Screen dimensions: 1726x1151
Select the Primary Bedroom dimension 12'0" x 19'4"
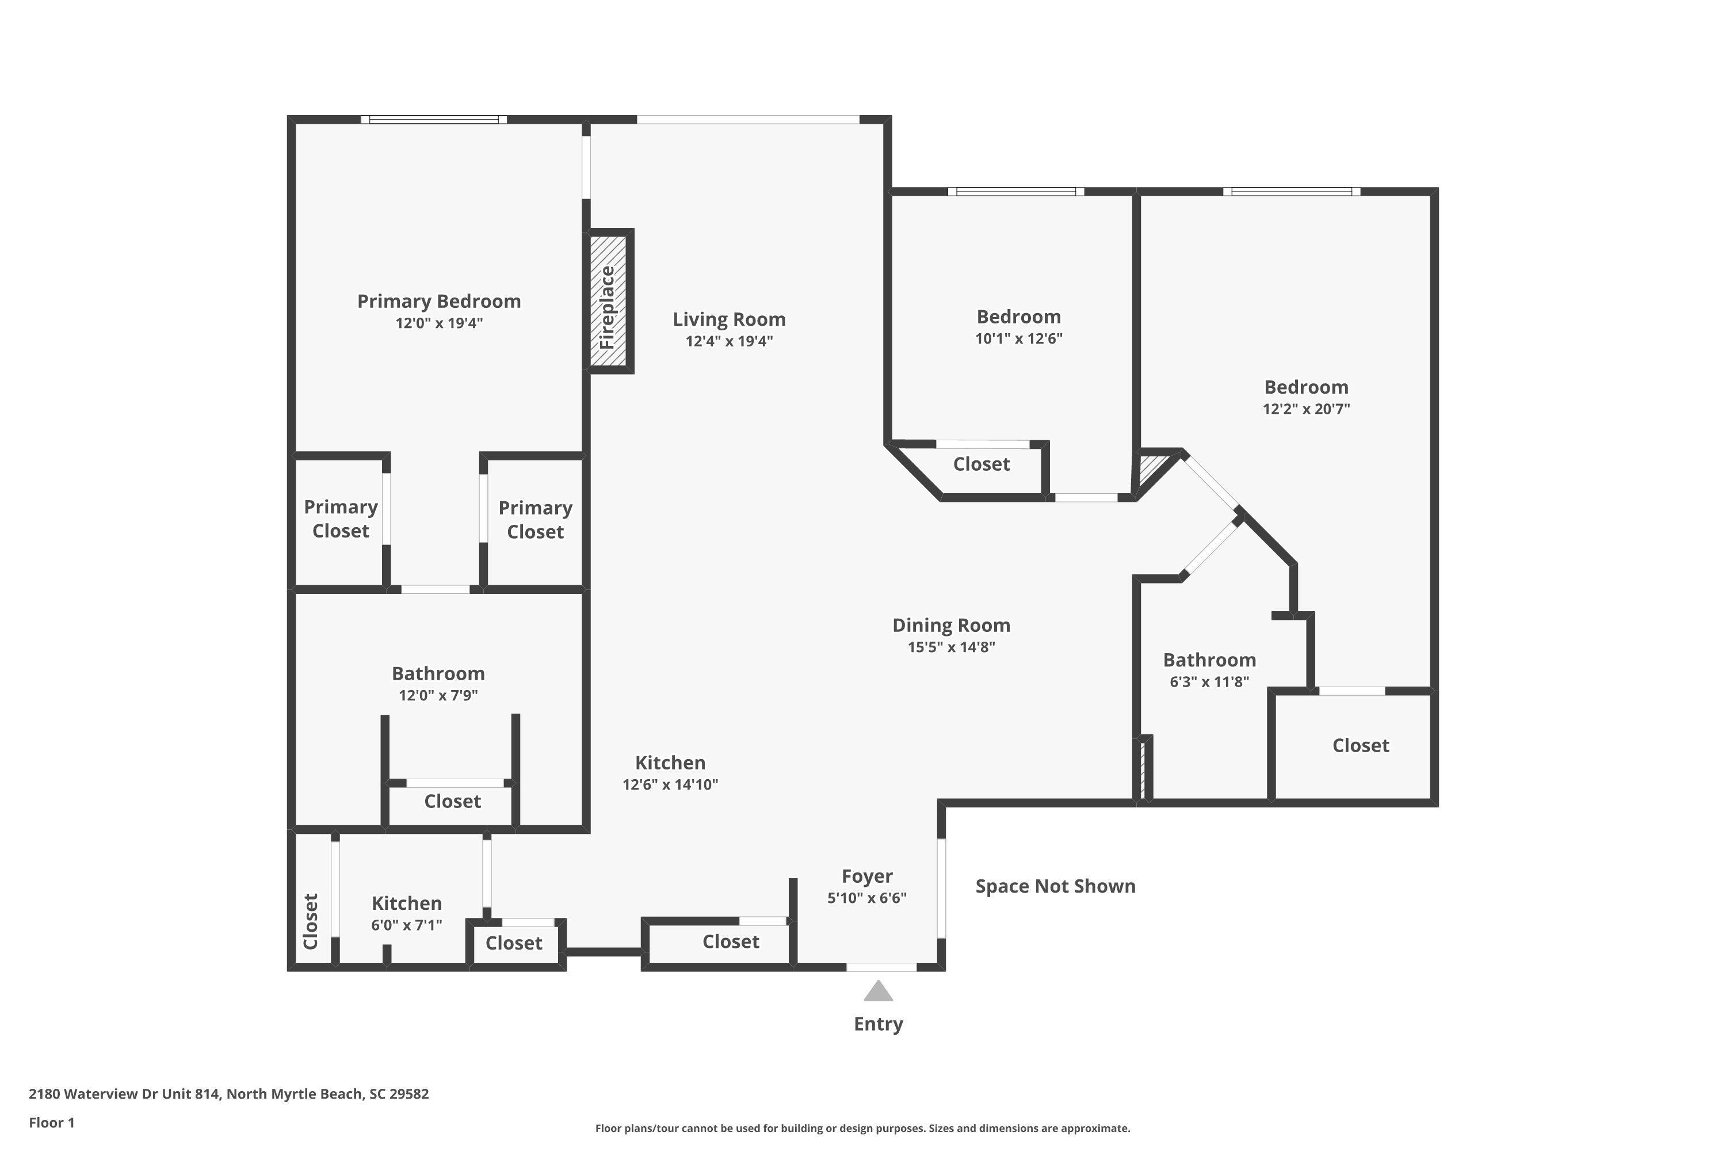coord(439,323)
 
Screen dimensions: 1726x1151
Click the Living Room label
coord(729,319)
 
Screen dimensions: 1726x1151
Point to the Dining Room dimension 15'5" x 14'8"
coord(951,647)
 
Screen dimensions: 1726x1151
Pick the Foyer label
coord(866,876)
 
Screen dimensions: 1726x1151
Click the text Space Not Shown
coord(1055,886)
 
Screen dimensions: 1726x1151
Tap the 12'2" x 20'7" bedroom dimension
coord(1306,409)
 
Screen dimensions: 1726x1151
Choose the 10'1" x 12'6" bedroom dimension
coord(1018,338)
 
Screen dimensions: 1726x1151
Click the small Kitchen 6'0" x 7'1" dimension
coord(407,925)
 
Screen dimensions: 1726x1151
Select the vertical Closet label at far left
coord(311,921)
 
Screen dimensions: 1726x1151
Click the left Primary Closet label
coord(341,519)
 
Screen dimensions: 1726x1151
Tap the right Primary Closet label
coord(535,520)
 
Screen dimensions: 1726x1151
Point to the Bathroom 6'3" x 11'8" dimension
coord(1209,681)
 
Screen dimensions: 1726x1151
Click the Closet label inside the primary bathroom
coord(452,801)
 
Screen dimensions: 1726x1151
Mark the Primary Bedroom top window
coord(434,120)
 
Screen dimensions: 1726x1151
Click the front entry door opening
coord(881,967)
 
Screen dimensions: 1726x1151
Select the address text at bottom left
coord(229,1094)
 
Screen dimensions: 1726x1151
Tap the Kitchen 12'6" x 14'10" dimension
coord(670,784)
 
